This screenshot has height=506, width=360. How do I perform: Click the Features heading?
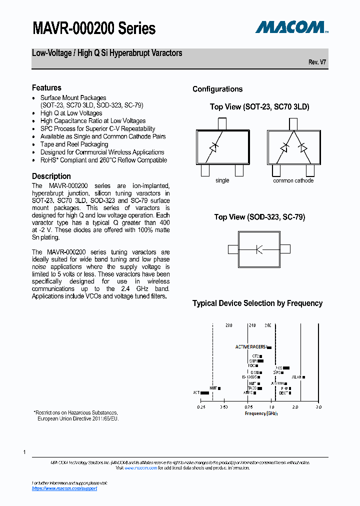(46, 88)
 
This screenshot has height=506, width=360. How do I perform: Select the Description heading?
(51, 176)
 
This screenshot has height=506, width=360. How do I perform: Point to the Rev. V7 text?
(317, 62)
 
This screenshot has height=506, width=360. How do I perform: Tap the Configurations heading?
(217, 89)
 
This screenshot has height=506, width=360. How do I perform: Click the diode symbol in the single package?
(214, 147)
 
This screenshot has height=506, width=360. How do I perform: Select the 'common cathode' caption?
(293, 180)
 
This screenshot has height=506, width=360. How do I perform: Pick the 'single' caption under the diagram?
(222, 180)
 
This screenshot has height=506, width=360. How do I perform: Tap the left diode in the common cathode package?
(284, 147)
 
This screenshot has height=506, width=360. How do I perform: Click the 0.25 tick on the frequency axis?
(201, 407)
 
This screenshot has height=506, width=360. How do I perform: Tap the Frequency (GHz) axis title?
(260, 413)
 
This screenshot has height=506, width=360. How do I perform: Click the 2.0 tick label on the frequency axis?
(295, 407)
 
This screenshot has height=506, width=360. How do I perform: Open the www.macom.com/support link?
(64, 488)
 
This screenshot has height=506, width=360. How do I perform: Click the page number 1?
(24, 452)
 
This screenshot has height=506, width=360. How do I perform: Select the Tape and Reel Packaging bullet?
(74, 144)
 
